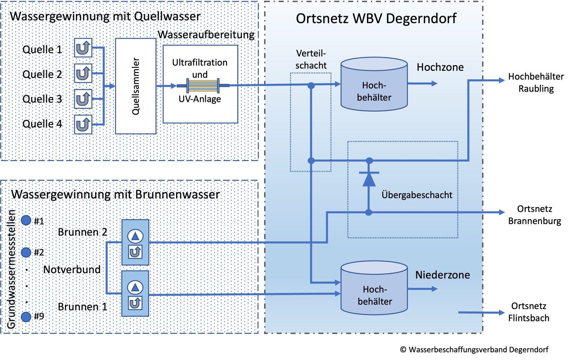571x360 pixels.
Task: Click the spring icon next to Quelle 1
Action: pyautogui.click(x=83, y=48)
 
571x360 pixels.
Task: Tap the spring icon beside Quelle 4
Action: pyautogui.click(x=83, y=124)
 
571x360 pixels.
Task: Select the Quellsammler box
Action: pyautogui.click(x=136, y=86)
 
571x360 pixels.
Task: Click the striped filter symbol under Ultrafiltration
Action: pyautogui.click(x=203, y=86)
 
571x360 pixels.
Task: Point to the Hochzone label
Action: pyautogui.click(x=440, y=67)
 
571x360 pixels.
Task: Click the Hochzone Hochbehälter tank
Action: pyautogui.click(x=374, y=84)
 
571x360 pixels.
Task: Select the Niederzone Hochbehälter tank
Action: pyautogui.click(x=374, y=288)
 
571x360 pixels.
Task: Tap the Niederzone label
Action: pyautogui.click(x=443, y=275)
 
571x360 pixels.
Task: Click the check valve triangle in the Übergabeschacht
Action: pyautogui.click(x=369, y=179)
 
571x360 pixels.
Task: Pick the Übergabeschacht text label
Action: pyautogui.click(x=417, y=195)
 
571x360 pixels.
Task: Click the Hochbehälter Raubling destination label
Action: pyautogui.click(x=536, y=83)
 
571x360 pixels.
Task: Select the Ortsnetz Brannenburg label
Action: pyautogui.click(x=535, y=215)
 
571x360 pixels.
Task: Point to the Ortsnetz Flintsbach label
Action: pyautogui.click(x=528, y=312)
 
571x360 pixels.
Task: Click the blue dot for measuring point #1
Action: pyautogui.click(x=26, y=220)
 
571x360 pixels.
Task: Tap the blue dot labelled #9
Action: pyautogui.click(x=26, y=317)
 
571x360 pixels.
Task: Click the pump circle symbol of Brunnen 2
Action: pyautogui.click(x=135, y=236)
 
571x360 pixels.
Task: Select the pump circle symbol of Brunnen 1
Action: pyautogui.click(x=135, y=288)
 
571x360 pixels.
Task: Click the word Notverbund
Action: pyautogui.click(x=72, y=270)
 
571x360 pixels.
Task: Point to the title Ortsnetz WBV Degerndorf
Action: pyautogui.click(x=376, y=19)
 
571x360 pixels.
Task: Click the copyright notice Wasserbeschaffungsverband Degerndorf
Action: pyautogui.click(x=474, y=350)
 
